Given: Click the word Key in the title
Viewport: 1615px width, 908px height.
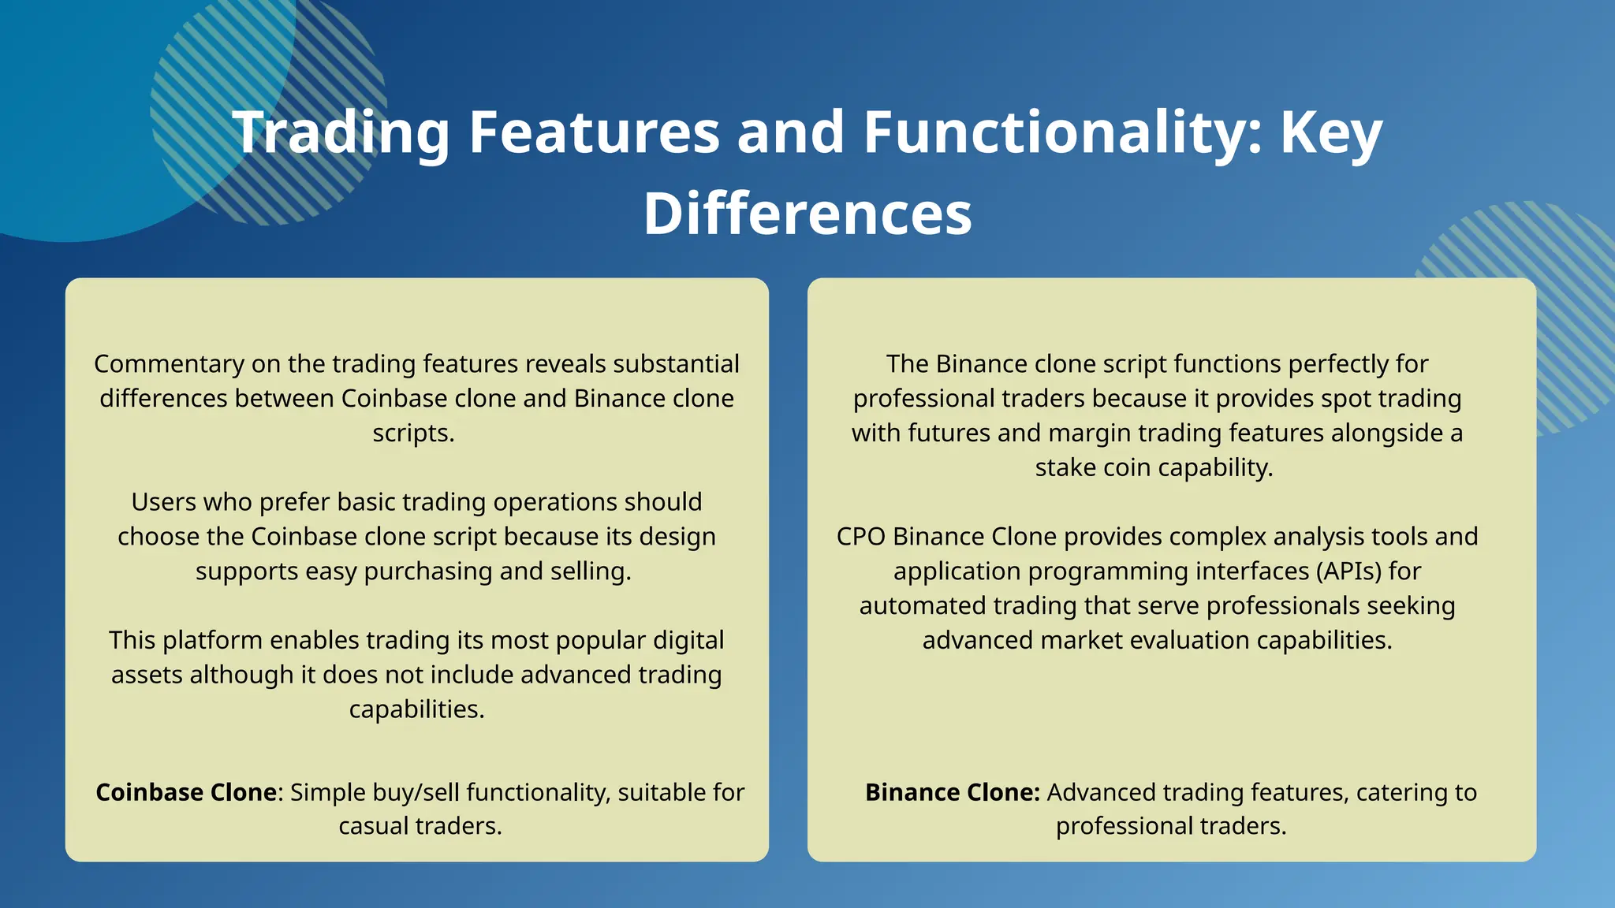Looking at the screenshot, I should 1331,132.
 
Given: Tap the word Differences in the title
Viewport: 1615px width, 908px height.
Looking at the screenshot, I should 807,214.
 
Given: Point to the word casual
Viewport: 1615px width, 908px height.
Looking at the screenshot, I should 374,826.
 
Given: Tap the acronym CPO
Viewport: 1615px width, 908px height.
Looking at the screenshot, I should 861,537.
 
